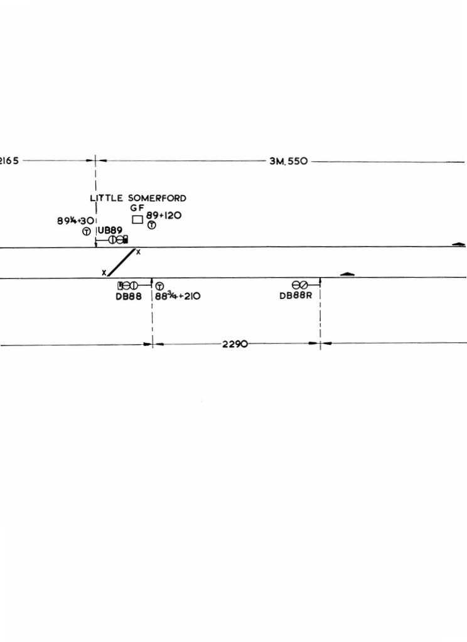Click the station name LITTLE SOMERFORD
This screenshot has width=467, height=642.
coord(137,198)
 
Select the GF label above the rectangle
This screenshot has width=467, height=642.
coord(137,208)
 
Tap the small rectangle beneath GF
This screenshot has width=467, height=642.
coord(137,219)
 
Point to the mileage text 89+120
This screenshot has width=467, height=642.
coord(164,216)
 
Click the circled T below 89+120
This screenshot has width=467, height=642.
coord(152,225)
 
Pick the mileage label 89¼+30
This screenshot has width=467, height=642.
coord(75,221)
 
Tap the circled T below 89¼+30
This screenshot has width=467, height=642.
coord(87,231)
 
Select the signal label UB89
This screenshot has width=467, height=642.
coord(110,230)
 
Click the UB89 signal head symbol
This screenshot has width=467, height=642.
coord(118,240)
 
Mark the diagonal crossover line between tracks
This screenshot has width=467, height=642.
coord(121,263)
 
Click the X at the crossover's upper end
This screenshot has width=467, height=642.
coord(139,252)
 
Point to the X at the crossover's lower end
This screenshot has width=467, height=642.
coord(104,273)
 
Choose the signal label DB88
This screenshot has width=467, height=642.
coord(129,296)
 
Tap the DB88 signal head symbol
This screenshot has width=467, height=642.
coord(128,285)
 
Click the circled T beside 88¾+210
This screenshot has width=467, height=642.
coord(160,286)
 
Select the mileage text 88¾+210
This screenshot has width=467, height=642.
coord(178,296)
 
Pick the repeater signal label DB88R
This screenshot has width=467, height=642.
coord(296,295)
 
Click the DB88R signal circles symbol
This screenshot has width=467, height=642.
coord(299,285)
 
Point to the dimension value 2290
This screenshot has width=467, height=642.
coord(235,344)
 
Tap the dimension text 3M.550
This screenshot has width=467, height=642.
coord(289,161)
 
